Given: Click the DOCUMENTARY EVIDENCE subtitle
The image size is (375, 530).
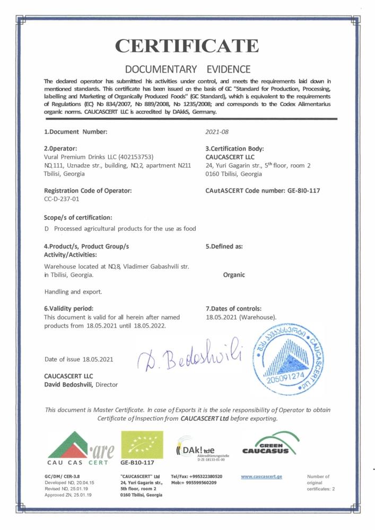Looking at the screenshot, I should (x=187, y=69).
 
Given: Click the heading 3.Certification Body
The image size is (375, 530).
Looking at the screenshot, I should (x=234, y=148).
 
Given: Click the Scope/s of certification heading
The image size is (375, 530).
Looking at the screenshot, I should (x=78, y=217).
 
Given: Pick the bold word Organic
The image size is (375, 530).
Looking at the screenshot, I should (x=234, y=275).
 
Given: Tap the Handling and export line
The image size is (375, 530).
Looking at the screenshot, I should (x=73, y=291).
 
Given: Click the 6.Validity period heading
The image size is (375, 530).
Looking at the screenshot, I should (x=69, y=308).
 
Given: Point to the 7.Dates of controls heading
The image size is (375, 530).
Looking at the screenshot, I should (x=233, y=308).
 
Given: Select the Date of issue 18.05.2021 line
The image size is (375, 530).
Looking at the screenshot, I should (x=79, y=359).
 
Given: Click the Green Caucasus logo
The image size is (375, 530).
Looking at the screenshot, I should (x=265, y=448).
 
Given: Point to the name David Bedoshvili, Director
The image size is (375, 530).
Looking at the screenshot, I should (x=81, y=384).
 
